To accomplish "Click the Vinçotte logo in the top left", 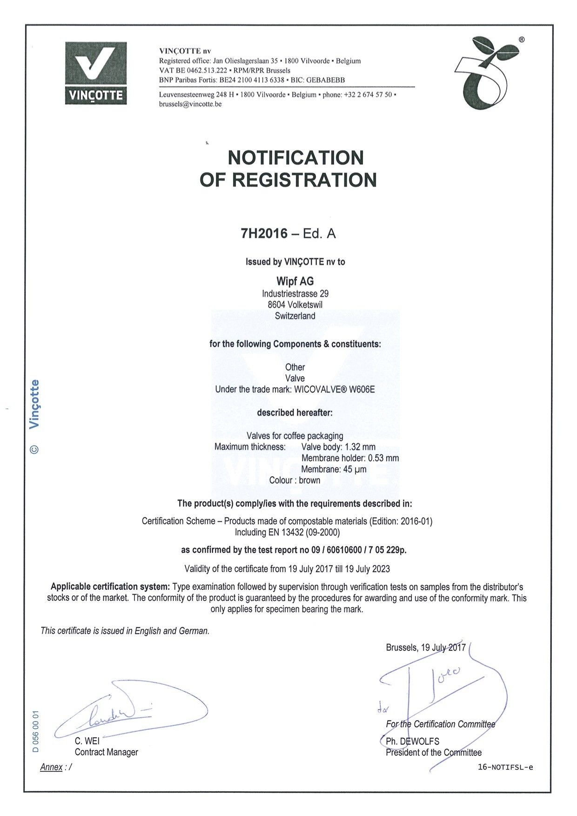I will coord(96,73).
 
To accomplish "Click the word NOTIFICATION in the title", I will coord(295,157).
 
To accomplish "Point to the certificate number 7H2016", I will coord(264,233).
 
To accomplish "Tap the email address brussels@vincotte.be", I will coord(190,104).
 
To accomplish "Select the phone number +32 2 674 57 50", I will coord(368,94).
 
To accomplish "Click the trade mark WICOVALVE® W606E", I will coord(335,389).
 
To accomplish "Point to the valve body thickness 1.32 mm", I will coord(360,447).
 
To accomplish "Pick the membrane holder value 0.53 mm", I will coord(383,458).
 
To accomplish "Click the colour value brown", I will coord(309,480).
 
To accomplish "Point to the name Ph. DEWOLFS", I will coord(412,741).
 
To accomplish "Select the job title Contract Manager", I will coord(107,752).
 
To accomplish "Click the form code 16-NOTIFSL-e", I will coord(505,768).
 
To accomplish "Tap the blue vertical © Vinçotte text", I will coord(34,417).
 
